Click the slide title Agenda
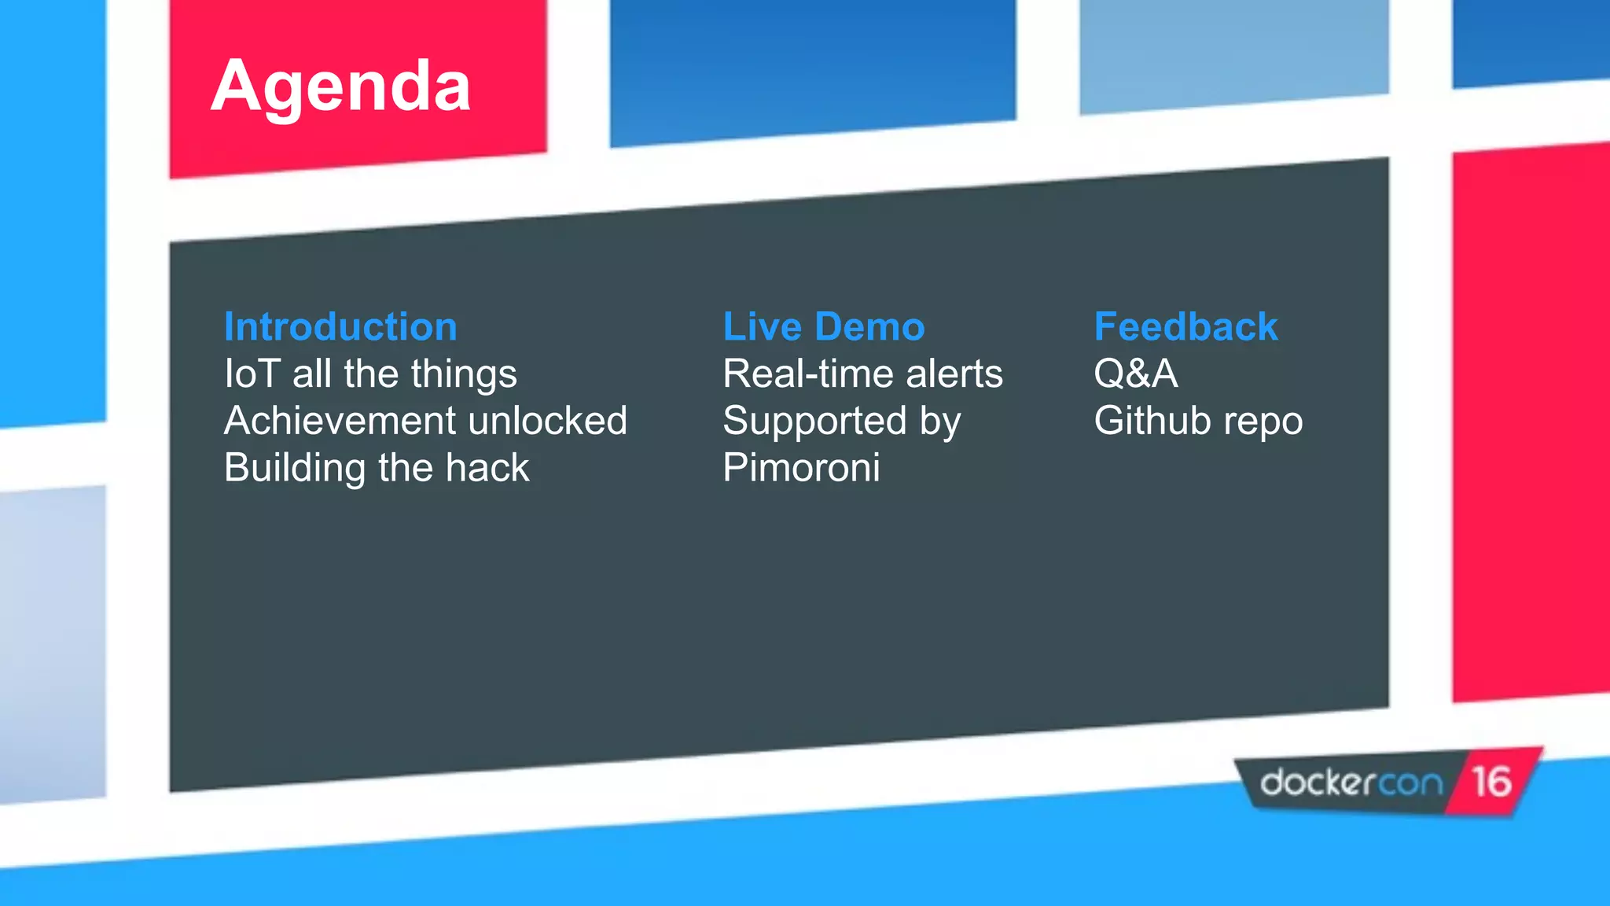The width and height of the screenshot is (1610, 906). [x=340, y=87]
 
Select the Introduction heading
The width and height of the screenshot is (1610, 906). [x=340, y=326]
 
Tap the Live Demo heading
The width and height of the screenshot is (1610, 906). [x=823, y=326]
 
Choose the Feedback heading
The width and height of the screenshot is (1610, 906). [x=1185, y=326]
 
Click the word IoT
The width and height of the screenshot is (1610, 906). [x=252, y=374]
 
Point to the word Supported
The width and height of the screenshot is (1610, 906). [x=814, y=422]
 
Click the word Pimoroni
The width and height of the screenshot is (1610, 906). [x=801, y=468]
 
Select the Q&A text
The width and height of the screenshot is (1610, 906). [x=1135, y=374]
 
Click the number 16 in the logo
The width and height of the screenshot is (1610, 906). [x=1491, y=782]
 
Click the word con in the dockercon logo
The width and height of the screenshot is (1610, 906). [x=1411, y=783]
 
